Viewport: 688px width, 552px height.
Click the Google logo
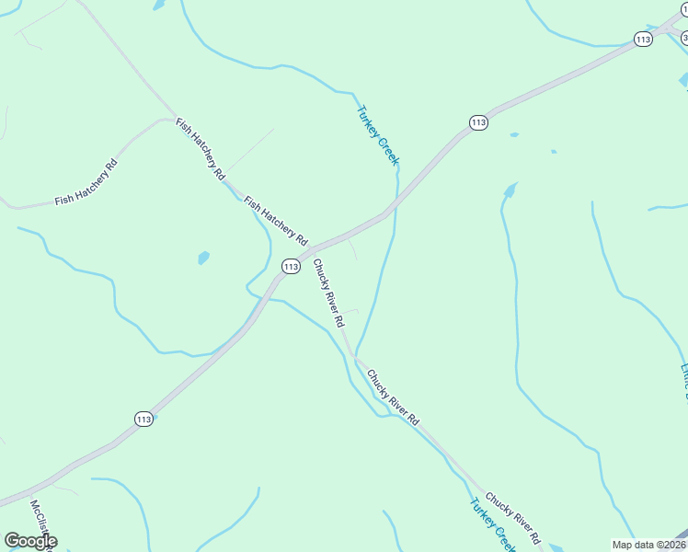pyautogui.click(x=31, y=541)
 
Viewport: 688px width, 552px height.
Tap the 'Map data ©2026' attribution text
pyautogui.click(x=648, y=545)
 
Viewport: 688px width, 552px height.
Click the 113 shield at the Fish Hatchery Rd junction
pyautogui.click(x=291, y=267)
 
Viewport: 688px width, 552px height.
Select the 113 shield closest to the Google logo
pyautogui.click(x=143, y=419)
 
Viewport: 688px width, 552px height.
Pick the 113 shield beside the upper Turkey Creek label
pyautogui.click(x=477, y=122)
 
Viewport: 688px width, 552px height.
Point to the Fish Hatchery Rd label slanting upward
pyautogui.click(x=86, y=182)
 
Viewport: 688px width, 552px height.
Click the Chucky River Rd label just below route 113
pyautogui.click(x=327, y=293)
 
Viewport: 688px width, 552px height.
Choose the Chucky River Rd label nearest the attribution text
pyautogui.click(x=512, y=517)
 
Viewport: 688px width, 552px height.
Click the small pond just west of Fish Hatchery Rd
pyautogui.click(x=203, y=259)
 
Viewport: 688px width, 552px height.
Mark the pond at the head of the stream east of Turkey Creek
pyautogui.click(x=510, y=191)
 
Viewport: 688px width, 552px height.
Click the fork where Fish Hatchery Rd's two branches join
pyautogui.click(x=175, y=118)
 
